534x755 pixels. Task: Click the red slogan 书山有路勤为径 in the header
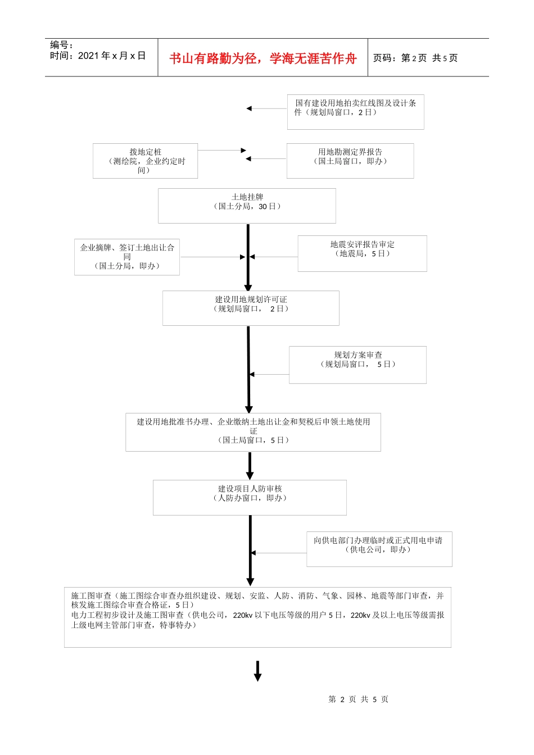[263, 58]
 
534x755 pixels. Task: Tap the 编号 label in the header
[61, 45]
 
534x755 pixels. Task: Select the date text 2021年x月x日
[112, 56]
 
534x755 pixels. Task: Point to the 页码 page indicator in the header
[415, 58]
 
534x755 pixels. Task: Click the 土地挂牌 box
[247, 206]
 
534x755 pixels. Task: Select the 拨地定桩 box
[145, 161]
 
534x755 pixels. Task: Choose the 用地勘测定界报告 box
[350, 161]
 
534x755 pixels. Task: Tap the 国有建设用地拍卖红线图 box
[355, 112]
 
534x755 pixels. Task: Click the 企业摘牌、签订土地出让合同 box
[127, 257]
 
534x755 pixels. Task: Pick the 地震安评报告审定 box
[362, 253]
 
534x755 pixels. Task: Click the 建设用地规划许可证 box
[251, 308]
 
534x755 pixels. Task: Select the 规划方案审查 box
[357, 365]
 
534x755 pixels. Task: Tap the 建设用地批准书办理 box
[253, 432]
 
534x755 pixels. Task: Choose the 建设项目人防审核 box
[250, 497]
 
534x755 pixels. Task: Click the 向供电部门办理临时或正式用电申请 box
[379, 549]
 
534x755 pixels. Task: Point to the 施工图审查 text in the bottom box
[92, 595]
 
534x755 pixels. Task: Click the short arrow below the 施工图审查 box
[257, 671]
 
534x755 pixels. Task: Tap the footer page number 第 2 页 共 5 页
[358, 699]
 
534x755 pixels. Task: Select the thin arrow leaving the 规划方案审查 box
[269, 374]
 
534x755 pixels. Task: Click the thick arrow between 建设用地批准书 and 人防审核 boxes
[250, 466]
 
